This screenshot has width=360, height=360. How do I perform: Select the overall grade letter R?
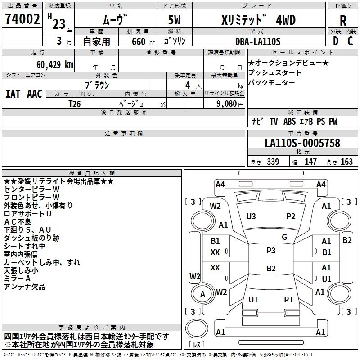pos(343,21)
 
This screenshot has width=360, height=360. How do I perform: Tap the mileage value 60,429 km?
pos(50,64)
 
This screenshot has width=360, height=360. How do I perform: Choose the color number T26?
pos(74,103)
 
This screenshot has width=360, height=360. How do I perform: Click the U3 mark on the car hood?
pos(251,216)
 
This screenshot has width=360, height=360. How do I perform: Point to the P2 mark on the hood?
pos(291,216)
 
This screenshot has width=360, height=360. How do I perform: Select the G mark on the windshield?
pos(284,237)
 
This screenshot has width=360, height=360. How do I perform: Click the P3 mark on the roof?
pos(271,251)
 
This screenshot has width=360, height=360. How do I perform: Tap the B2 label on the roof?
pos(271,269)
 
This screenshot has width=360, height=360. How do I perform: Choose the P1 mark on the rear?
pos(288,299)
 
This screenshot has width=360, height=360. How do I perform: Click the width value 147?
pos(310,162)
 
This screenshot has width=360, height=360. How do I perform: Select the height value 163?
pos(346,162)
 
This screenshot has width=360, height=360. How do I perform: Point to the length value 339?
pos(273,162)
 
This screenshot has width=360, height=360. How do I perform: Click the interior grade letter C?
pos(350,41)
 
